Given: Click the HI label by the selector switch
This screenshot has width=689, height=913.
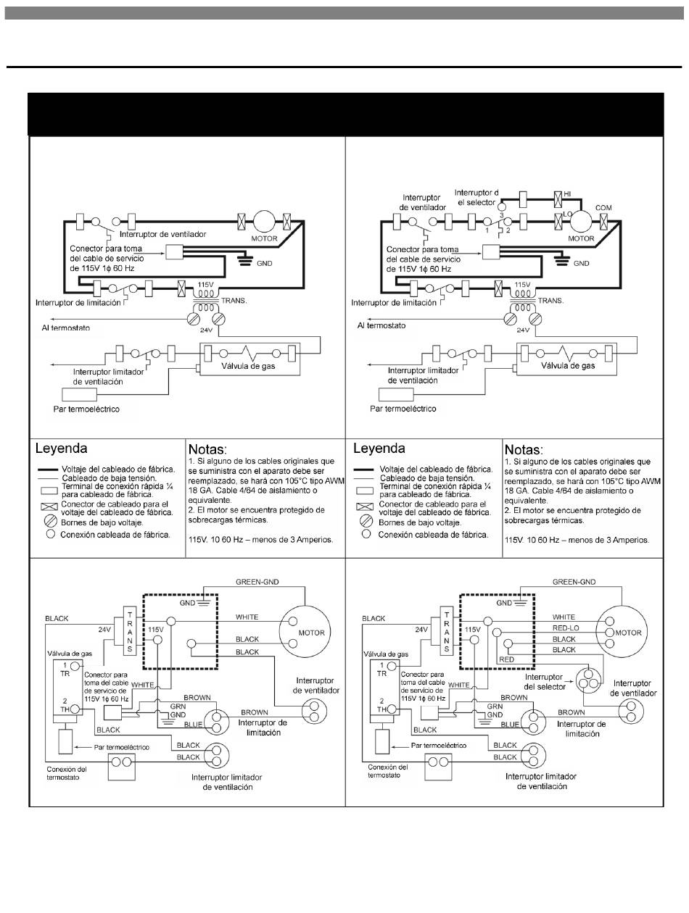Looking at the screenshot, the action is coord(567,193).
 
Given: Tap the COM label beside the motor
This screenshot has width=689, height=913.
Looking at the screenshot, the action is coord(603,207).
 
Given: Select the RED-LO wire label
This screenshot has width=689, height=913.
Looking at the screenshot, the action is coord(566,628).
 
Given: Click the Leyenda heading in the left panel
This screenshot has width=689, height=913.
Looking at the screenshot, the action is coord(61,448).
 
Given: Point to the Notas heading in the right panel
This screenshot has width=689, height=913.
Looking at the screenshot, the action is coord(524,449).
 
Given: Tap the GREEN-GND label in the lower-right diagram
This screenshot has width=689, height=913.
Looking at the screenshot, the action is coord(574,582).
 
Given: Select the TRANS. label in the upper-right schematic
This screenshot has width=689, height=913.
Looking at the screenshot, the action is coord(550,300).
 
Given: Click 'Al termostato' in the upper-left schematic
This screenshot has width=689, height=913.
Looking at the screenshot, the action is coord(66,328).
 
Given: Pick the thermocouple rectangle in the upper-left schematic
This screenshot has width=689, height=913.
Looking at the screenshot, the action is coord(80,394).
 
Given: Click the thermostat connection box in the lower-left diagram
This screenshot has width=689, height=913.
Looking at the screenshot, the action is coord(122,767).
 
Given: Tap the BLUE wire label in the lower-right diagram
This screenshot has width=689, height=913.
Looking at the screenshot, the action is coord(510,724).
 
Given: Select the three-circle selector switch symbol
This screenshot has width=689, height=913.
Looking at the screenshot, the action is coord(588,680).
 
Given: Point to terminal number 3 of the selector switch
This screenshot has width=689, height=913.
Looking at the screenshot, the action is coord(502,215).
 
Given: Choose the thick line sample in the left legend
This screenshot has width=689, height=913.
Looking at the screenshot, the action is coord(48,470).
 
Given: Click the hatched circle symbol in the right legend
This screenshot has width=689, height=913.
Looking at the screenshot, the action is coord(366,521).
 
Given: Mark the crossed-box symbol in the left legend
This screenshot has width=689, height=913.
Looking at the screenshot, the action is coord(49,507).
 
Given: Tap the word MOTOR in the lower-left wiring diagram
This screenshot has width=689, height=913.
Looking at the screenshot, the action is coord(311,633).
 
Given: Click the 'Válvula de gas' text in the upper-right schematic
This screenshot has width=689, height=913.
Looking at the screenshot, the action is coord(568,366).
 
